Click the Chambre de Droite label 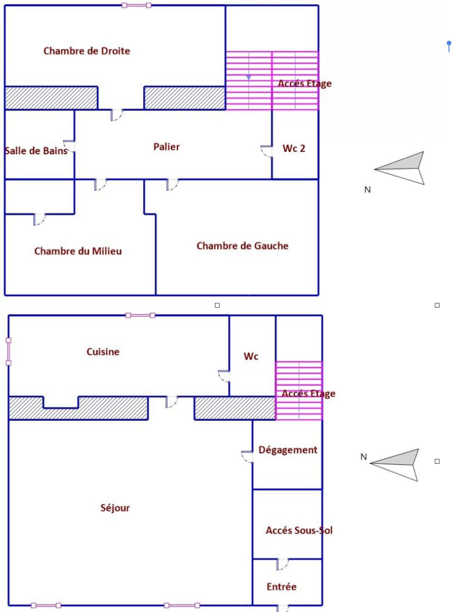[87, 51]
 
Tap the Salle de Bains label [36, 151]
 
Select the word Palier [166, 147]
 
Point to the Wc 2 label [294, 148]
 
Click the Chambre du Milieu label [78, 251]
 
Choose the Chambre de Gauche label [242, 246]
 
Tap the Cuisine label [103, 352]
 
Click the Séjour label [115, 508]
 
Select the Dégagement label [288, 450]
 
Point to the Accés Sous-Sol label [299, 530]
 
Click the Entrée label [281, 587]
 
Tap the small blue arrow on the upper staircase [249, 78]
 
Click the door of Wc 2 [267, 151]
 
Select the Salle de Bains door [69, 146]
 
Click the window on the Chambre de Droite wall [136, 5]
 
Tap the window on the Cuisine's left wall [9, 351]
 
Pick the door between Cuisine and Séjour [171, 402]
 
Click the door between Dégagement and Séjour [247, 457]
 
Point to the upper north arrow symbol [399, 168]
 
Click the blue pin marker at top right [449, 46]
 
